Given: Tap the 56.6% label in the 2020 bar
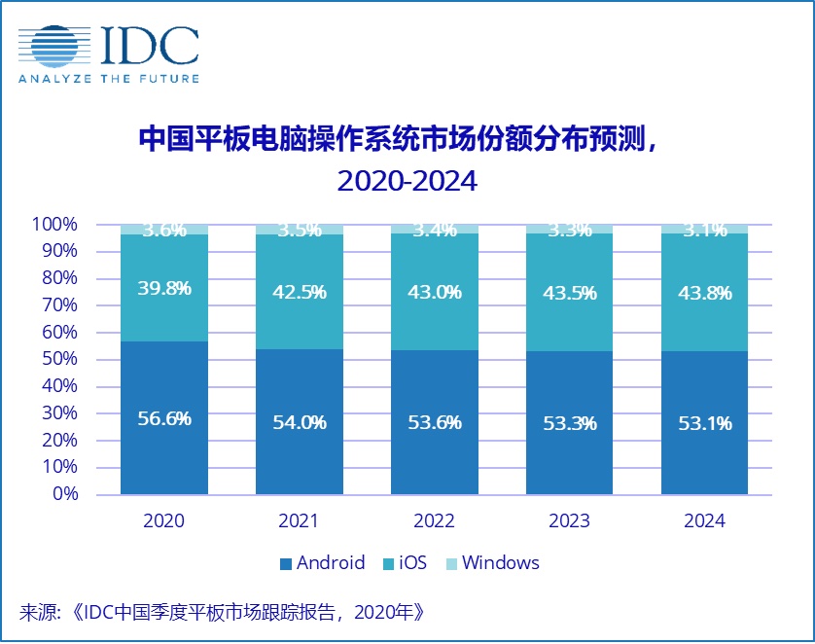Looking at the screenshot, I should tap(163, 419).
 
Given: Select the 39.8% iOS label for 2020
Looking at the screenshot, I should tap(163, 288).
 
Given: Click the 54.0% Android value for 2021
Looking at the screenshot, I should tap(299, 423).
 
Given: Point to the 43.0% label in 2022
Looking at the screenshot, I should tap(434, 291).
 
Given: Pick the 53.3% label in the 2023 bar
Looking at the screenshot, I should tap(569, 424).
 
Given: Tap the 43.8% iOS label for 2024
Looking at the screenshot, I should tap(704, 291).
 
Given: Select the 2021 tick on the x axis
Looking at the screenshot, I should tap(299, 520).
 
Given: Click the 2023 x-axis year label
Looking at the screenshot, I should tap(569, 520).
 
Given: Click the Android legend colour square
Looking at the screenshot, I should tap(286, 564).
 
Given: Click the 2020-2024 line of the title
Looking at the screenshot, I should tap(407, 181).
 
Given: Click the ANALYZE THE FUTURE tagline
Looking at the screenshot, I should tap(109, 79).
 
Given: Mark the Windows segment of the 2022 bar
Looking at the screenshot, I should tap(434, 230).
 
